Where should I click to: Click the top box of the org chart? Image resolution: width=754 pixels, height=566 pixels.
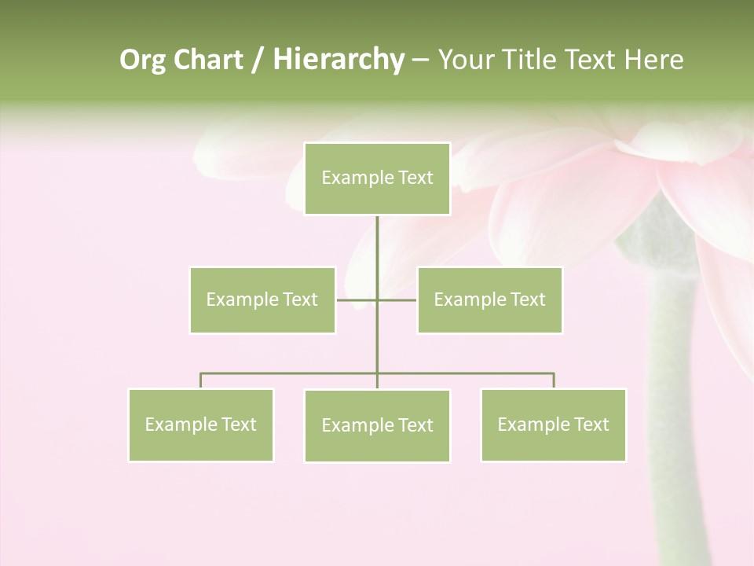(377, 178)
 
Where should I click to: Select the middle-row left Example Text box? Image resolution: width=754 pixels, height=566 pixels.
(262, 300)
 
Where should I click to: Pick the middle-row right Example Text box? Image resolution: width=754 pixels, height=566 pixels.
(489, 300)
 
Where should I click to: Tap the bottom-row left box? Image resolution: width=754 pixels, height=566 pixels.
(201, 424)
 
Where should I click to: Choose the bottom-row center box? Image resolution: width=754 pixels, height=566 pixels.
(377, 425)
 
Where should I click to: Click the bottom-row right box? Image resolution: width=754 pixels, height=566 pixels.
(553, 424)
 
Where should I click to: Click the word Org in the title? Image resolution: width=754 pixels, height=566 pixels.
(142, 61)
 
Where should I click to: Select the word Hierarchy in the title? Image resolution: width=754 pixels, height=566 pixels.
(338, 60)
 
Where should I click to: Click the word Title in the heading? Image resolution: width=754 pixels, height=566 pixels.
(533, 60)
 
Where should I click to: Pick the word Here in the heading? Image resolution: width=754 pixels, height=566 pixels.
(653, 60)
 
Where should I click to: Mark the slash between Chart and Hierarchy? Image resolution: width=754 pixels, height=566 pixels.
(258, 61)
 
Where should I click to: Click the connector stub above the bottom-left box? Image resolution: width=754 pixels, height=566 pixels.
(201, 380)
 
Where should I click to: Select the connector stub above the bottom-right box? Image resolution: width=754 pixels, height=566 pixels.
(554, 380)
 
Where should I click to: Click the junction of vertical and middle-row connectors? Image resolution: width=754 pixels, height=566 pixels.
(377, 300)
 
